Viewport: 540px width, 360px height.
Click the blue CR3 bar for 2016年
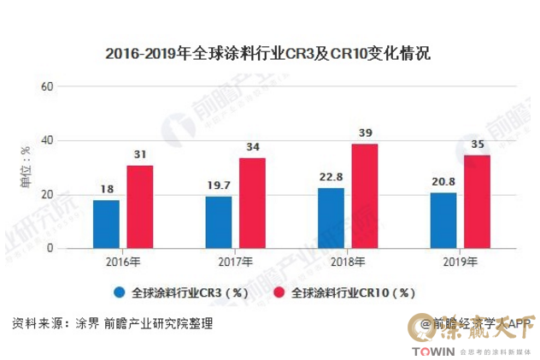[x=106, y=224]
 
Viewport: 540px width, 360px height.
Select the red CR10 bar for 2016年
[x=140, y=207]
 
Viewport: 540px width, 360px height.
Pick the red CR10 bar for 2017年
[x=252, y=203]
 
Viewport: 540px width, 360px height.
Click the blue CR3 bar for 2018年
[x=331, y=218]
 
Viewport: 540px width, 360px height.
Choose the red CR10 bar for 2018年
[x=365, y=196]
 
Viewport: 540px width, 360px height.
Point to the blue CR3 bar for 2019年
[x=443, y=221]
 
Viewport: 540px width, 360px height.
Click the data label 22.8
[x=331, y=178]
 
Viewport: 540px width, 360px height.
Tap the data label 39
[x=365, y=133]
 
